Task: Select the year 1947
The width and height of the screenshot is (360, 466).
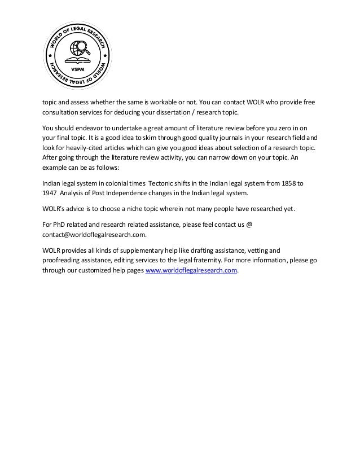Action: pos(50,192)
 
